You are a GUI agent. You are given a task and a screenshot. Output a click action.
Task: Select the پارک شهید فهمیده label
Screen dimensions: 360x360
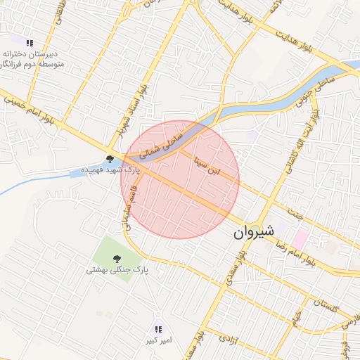[x=110, y=170]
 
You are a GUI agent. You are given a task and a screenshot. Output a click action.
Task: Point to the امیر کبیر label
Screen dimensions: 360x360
[x=158, y=341]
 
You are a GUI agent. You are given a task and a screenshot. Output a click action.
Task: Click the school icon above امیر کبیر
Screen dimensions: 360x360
[x=158, y=329]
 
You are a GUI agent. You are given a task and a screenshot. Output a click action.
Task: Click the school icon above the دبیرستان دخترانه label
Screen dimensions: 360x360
[x=30, y=43]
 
